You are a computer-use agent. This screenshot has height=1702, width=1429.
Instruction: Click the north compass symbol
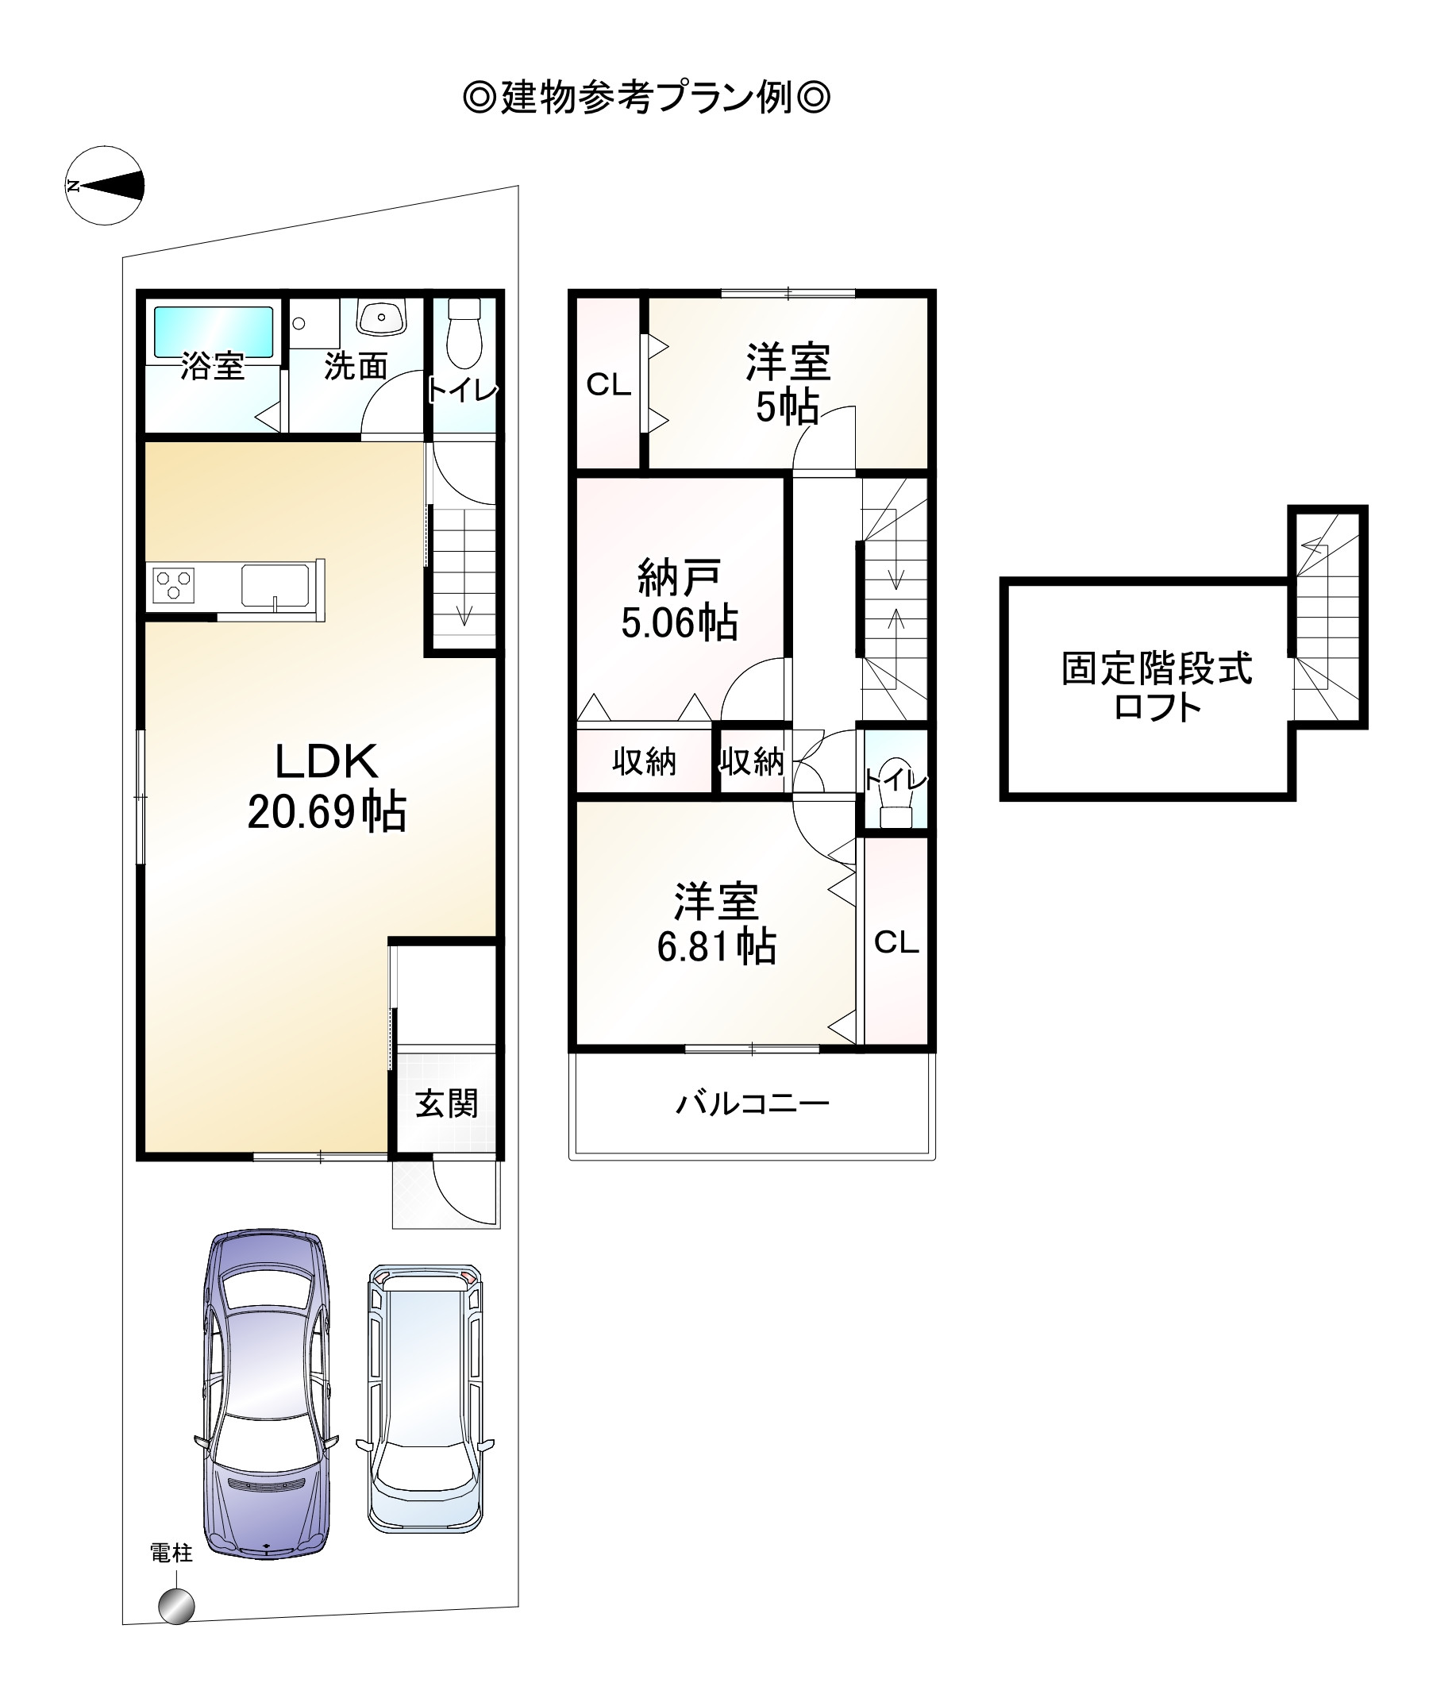coord(105,186)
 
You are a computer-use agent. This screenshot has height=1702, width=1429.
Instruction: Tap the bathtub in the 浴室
coord(214,332)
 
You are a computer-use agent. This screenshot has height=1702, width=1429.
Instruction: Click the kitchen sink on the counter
coord(275,584)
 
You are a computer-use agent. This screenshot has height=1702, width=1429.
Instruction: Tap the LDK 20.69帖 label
coord(326,786)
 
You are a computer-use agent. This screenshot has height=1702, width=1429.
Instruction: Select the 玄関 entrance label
coord(447,1103)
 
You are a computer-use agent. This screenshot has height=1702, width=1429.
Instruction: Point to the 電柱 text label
coord(171,1553)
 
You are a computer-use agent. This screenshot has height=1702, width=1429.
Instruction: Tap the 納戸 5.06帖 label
coord(680,600)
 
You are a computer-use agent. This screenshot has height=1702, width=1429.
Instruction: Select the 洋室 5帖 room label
coord(788,384)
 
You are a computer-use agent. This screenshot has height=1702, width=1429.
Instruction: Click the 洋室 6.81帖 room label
coord(716,924)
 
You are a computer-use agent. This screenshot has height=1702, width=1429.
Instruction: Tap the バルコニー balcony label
coord(752,1103)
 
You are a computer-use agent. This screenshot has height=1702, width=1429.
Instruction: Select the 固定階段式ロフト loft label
coord(1157,687)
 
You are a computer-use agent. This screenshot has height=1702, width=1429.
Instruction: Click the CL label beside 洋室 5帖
coord(609,384)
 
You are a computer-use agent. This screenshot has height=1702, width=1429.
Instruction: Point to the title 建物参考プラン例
coord(646,98)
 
